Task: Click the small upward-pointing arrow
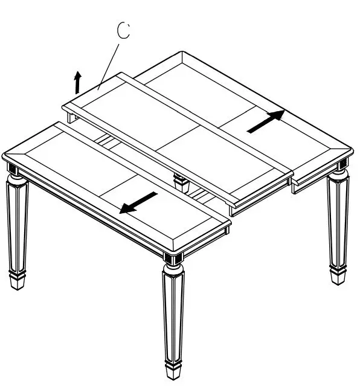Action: click(x=77, y=81)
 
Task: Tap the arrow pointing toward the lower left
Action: click(x=138, y=202)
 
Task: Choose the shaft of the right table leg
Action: click(x=337, y=224)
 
